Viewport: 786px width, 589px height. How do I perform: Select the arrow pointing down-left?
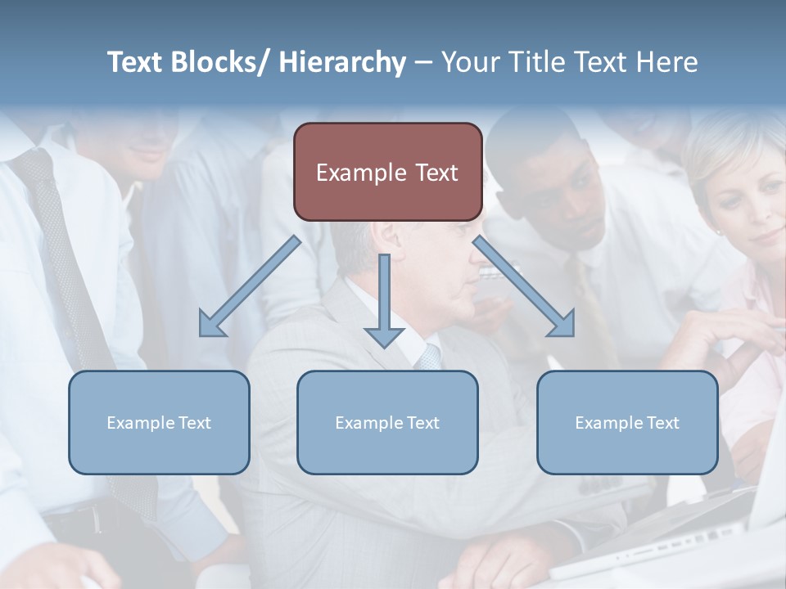click(x=250, y=286)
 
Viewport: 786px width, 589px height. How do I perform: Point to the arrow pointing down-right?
click(x=524, y=286)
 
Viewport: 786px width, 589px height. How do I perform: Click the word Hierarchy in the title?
click(x=342, y=62)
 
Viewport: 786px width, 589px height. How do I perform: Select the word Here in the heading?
click(x=668, y=62)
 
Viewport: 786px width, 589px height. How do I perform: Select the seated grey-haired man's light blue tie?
click(x=428, y=357)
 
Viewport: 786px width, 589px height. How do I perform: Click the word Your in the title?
click(x=468, y=62)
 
